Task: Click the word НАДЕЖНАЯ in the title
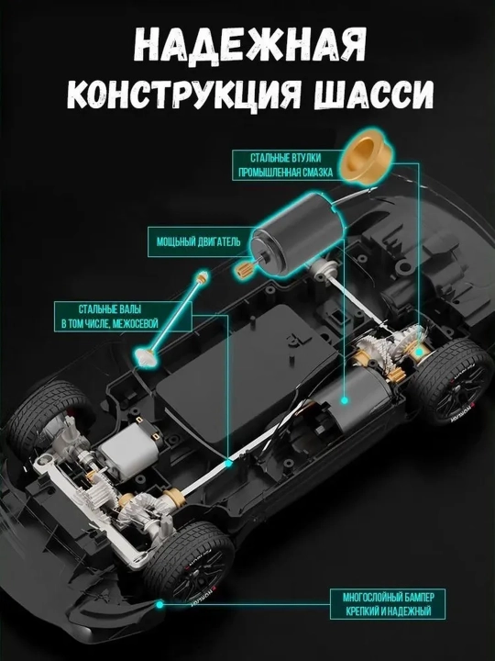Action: point(249,46)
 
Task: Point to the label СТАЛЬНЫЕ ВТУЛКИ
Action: point(285,158)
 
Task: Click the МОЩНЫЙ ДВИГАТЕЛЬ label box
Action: point(199,241)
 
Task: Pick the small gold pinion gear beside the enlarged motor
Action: point(242,270)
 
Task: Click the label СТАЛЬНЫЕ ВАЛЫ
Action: point(110,309)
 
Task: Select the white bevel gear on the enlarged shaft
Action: point(145,356)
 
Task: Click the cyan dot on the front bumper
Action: point(159,604)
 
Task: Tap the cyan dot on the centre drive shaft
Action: point(228,464)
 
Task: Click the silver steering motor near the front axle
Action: point(125,449)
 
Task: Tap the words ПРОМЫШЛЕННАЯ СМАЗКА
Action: point(285,173)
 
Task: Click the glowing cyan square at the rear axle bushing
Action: point(418,352)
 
